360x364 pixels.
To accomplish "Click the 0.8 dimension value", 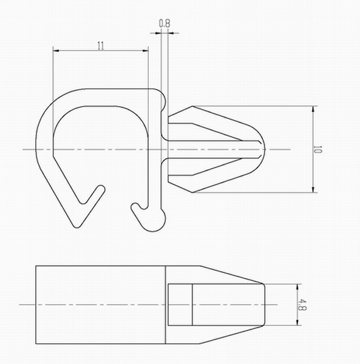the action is pos(165,24).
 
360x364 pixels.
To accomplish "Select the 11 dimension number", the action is pos(101,45).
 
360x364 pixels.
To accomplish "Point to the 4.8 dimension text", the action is pos(303,305).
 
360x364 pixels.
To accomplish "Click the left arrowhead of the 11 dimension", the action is pos(56,50).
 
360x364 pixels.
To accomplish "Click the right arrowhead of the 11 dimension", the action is pos(145,50).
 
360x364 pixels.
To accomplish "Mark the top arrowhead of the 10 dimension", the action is pos(313,109).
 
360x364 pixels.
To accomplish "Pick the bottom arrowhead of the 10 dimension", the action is pos(313,189).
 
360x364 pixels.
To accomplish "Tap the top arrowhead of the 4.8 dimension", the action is pos(297,287).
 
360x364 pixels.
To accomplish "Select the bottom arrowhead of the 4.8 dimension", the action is pos(297,323).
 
